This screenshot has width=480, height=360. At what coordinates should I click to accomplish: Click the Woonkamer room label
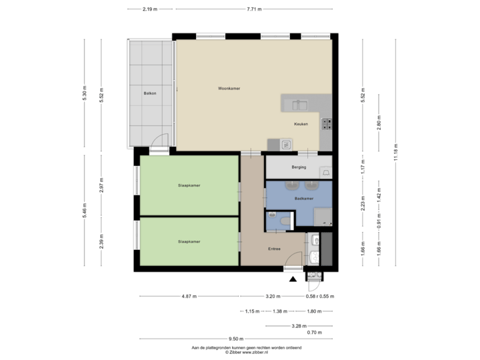[x=228, y=89]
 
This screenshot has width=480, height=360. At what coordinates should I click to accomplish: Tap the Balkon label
[x=149, y=93]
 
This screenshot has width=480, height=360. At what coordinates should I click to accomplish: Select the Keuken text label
[x=301, y=124]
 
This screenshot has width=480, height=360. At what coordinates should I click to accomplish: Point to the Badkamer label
[x=303, y=199]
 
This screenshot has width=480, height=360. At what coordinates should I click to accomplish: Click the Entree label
[x=274, y=249]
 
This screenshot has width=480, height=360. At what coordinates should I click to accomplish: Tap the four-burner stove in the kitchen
[x=327, y=123]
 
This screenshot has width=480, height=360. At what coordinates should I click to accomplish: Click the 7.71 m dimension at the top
[x=253, y=9]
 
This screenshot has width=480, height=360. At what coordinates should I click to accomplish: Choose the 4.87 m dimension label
[x=189, y=296]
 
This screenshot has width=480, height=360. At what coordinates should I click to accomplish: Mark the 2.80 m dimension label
[x=379, y=125]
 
